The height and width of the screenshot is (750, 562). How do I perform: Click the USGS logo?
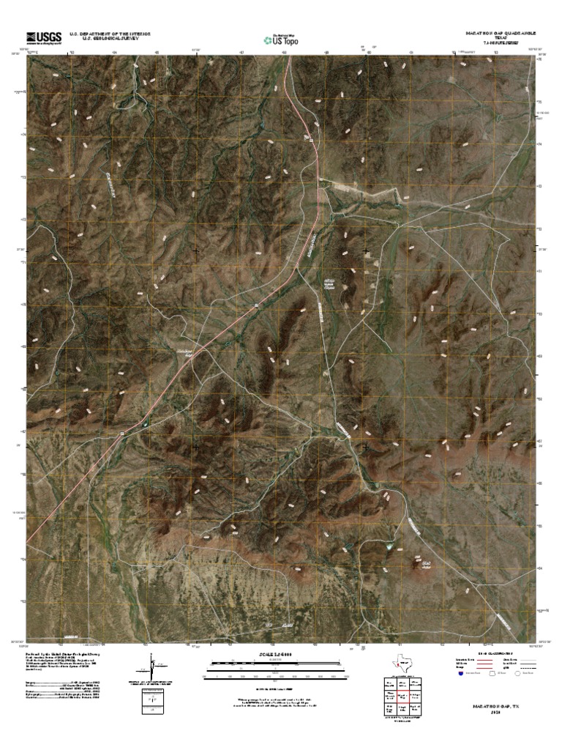[43, 37]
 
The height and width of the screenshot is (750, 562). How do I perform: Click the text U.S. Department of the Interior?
[109, 34]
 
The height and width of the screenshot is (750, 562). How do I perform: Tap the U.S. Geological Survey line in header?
[109, 39]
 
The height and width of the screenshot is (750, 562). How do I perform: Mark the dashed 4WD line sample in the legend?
[536, 668]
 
